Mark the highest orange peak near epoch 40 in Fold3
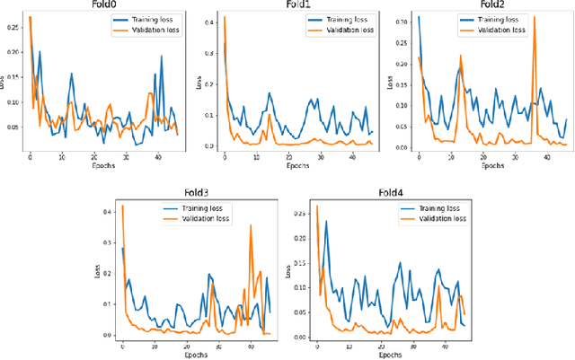251,226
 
